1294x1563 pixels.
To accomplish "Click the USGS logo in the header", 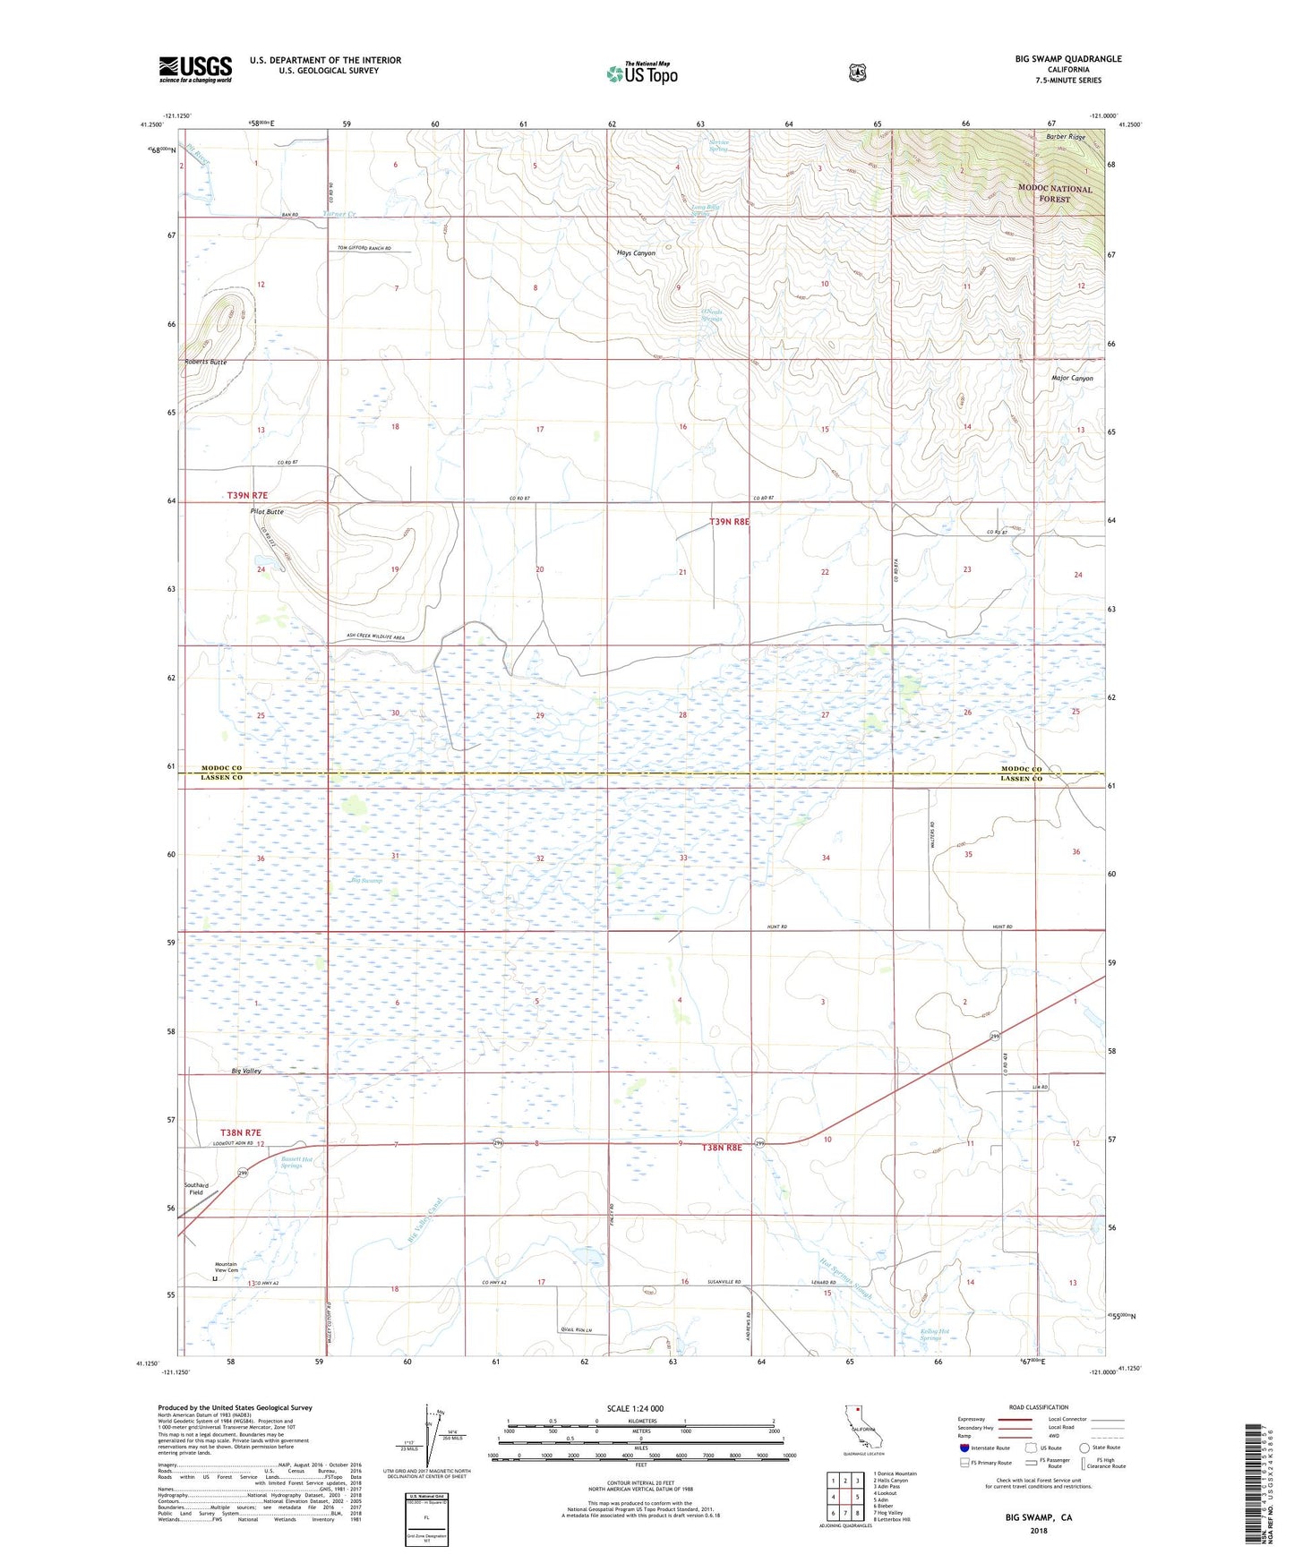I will pyautogui.click(x=195, y=69).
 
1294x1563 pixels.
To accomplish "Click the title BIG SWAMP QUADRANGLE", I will pyautogui.click(x=1067, y=59).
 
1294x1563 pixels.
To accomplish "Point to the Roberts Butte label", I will pyautogui.click(x=206, y=362).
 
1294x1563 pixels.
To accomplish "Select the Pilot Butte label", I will pyautogui.click(x=267, y=511).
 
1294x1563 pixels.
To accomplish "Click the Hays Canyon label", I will pyautogui.click(x=636, y=253).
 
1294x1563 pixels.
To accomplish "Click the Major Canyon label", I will pyautogui.click(x=1072, y=378).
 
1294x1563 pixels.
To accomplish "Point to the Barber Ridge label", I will pyautogui.click(x=1066, y=137).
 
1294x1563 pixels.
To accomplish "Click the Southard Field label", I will pyautogui.click(x=196, y=1189).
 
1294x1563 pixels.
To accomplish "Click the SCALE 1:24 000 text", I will pyautogui.click(x=635, y=1408).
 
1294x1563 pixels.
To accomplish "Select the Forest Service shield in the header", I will pyautogui.click(x=857, y=73).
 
